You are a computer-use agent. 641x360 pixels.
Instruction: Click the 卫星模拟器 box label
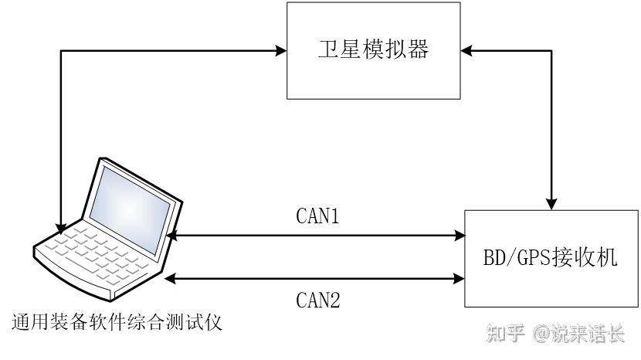coord(373,49)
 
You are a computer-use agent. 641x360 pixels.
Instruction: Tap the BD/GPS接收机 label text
coord(550,257)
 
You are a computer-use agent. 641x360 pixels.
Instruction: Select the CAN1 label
coord(317,216)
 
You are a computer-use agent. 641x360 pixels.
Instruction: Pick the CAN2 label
coord(317,300)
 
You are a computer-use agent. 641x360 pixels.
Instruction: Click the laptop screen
coord(130,210)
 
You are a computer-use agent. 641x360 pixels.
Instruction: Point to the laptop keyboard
coord(96,253)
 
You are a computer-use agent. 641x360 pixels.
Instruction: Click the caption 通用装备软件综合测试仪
coord(117,322)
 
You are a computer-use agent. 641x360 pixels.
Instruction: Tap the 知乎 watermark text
coord(505,333)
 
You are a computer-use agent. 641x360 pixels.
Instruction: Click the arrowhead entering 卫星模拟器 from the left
coord(281,51)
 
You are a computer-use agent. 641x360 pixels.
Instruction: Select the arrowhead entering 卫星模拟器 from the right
coord(466,51)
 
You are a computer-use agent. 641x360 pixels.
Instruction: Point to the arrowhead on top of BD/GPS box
coord(551,205)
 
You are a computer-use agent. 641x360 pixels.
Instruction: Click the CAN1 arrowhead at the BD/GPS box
coord(460,235)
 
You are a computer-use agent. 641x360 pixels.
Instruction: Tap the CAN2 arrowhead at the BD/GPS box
coord(460,279)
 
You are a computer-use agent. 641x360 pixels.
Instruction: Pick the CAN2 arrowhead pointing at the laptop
coord(170,279)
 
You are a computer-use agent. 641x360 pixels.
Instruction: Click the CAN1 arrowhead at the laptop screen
coord(172,235)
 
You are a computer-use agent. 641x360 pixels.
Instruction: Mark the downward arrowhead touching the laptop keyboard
coord(61,228)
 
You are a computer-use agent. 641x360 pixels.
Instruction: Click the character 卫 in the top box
coord(328,49)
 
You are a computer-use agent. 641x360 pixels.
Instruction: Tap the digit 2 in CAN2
coord(334,300)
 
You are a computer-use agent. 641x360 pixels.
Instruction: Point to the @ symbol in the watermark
coord(541,334)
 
